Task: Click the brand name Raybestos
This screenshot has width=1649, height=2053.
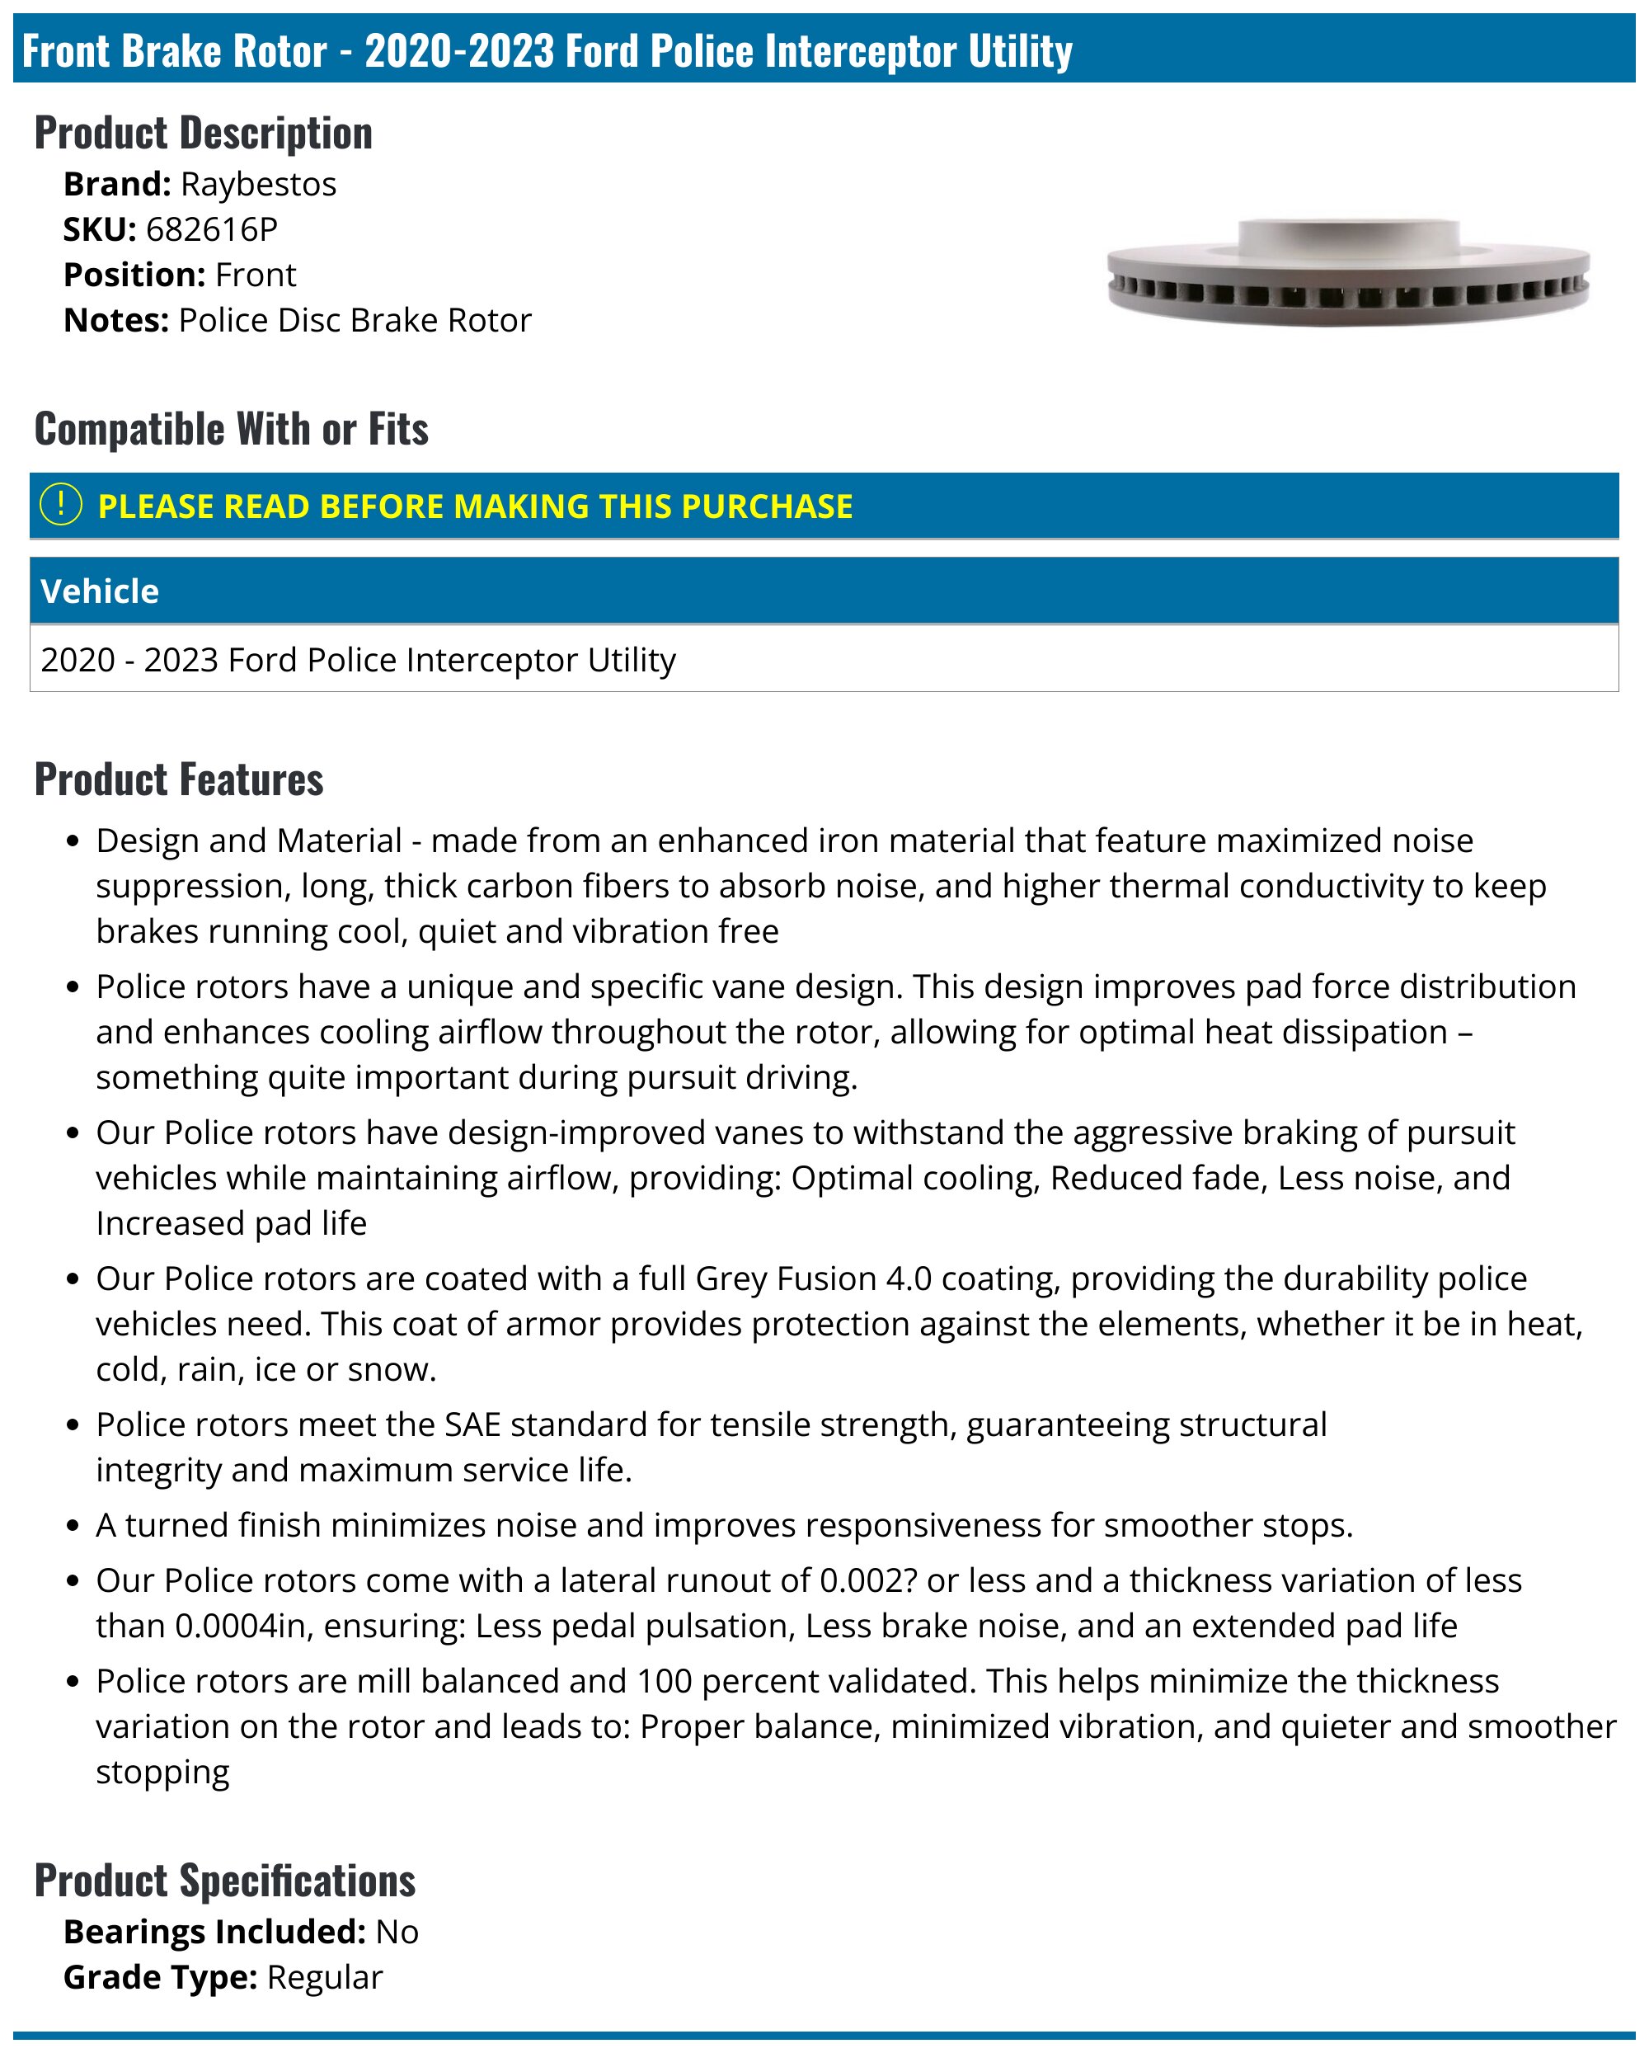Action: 258,184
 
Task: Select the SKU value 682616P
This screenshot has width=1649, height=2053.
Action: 211,229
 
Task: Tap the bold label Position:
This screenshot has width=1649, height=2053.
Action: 134,275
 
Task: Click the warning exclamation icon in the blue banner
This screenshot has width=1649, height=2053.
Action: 62,505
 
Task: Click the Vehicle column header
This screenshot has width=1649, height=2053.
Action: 100,591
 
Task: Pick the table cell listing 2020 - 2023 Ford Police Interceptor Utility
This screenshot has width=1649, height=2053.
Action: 358,660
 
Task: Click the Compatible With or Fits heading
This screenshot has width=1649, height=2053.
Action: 232,430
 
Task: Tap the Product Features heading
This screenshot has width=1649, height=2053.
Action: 179,779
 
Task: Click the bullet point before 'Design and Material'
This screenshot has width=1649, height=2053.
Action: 73,842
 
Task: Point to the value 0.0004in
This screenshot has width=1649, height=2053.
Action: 242,1626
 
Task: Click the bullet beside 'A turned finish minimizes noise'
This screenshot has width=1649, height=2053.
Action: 73,1527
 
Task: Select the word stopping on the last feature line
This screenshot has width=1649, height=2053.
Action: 162,1772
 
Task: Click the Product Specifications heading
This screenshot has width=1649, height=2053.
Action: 225,1881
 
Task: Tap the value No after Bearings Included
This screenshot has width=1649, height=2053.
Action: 397,1932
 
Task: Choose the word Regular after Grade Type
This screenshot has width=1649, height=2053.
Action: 325,1978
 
